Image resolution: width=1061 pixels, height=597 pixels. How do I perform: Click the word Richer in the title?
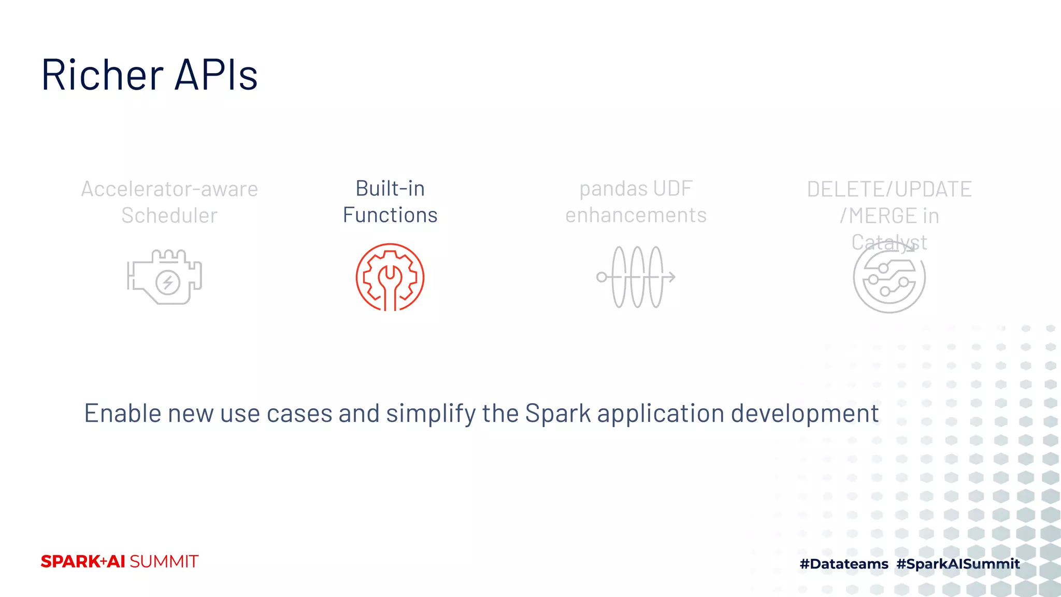coord(103,75)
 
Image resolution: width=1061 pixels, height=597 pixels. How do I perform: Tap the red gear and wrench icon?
coord(390,277)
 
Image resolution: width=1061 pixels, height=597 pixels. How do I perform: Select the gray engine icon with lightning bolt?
coord(165,277)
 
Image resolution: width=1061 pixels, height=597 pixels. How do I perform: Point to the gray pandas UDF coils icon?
coord(636,277)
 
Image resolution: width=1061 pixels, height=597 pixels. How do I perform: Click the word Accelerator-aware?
coord(169,189)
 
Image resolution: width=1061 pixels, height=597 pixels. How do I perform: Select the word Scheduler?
coord(169,216)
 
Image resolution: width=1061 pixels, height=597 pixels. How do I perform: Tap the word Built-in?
coord(390,189)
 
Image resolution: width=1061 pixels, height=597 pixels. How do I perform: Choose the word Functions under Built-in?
coord(390,215)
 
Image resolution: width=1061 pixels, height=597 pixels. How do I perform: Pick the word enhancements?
coord(636,215)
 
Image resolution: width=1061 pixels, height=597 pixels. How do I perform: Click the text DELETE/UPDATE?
coord(889,189)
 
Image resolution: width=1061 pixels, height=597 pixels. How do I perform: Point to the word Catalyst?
coord(889,241)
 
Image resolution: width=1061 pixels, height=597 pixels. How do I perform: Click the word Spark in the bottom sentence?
coord(558,414)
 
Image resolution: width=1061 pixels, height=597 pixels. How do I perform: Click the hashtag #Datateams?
coord(844,564)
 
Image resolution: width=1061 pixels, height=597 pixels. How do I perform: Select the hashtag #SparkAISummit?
coord(958,564)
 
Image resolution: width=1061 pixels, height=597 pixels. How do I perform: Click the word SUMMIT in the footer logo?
coord(164,562)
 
